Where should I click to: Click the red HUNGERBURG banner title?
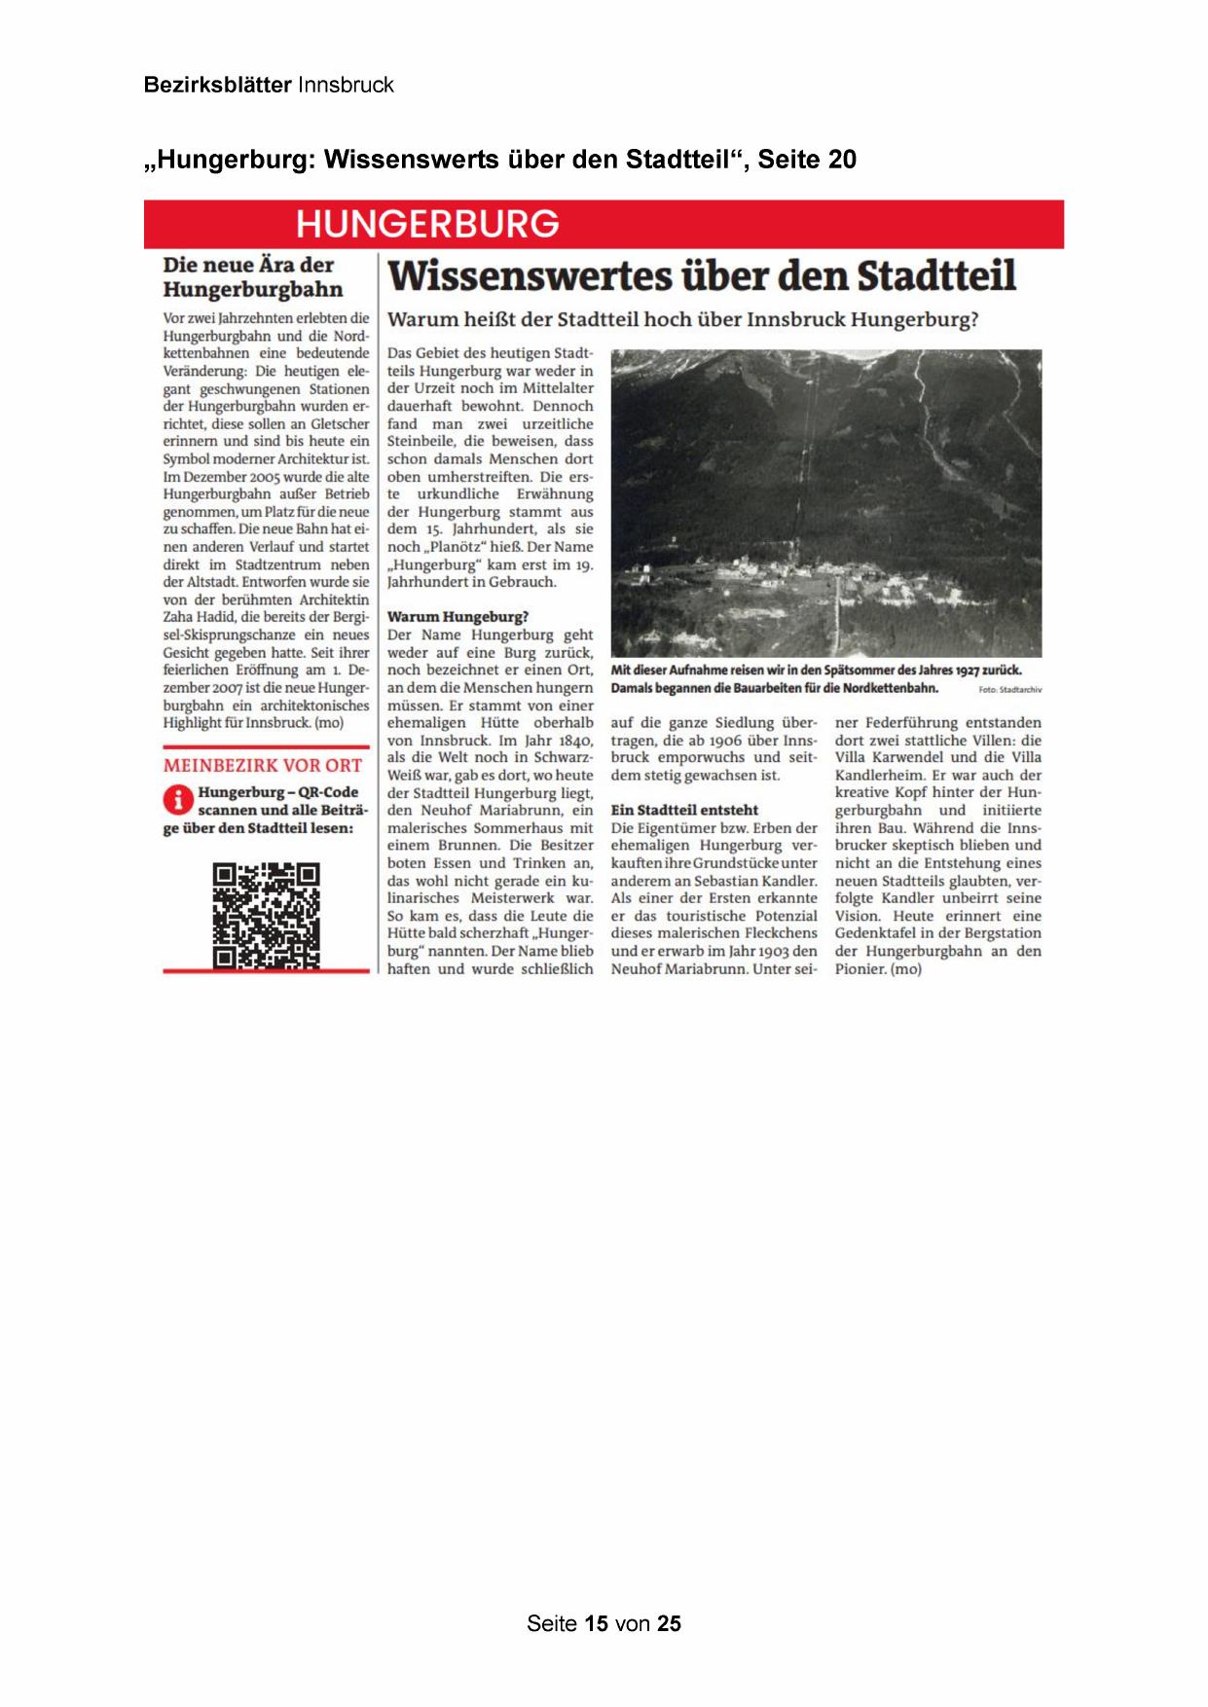point(427,224)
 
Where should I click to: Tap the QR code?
point(266,915)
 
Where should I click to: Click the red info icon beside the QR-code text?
point(177,800)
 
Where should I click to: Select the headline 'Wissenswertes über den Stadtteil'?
point(701,276)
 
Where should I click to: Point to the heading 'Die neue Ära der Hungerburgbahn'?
point(253,277)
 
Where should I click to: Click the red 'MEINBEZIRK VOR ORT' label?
point(263,766)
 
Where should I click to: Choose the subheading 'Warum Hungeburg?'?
point(458,617)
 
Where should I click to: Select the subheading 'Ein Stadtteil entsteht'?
point(684,810)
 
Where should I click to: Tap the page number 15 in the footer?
point(596,1623)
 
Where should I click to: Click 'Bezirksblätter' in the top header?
point(217,85)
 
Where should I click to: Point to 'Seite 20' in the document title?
point(807,160)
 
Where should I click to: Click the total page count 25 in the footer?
point(669,1623)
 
